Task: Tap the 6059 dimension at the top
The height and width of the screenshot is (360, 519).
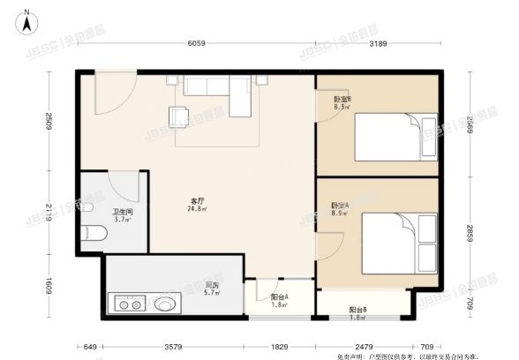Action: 196,43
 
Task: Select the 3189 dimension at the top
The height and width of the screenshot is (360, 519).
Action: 378,43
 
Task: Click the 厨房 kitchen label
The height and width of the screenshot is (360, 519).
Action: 212,285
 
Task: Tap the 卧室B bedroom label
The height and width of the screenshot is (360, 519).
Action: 342,100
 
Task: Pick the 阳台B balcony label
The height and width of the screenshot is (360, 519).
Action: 357,310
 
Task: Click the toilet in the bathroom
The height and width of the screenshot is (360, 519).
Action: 94,233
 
